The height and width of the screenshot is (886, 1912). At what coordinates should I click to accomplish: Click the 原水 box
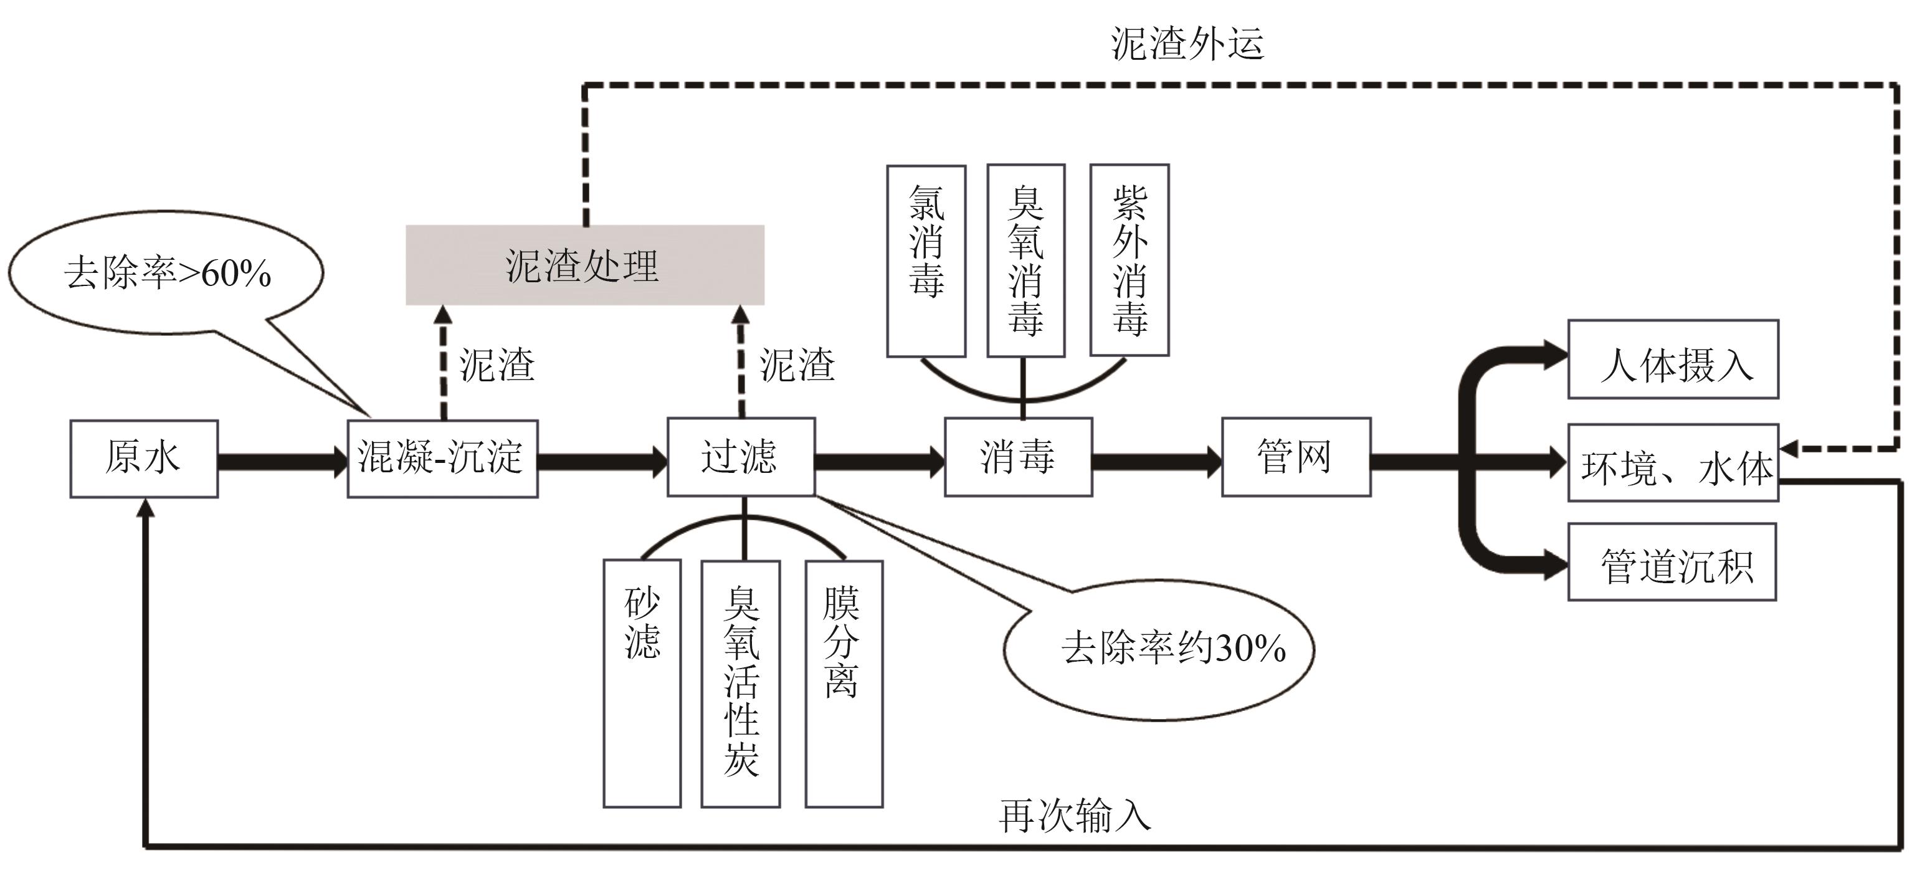(144, 458)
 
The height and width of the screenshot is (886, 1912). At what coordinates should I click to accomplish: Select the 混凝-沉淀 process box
(442, 458)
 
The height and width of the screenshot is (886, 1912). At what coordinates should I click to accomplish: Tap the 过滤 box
(741, 456)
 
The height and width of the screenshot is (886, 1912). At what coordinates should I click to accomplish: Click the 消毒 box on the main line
(1017, 456)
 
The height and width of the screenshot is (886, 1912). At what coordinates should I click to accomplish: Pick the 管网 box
(1296, 456)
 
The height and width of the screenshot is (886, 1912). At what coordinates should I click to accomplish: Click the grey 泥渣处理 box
(585, 265)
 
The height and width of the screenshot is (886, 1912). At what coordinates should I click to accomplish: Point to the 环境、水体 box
(1673, 463)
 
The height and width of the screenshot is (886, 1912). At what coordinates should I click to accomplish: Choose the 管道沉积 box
(1672, 562)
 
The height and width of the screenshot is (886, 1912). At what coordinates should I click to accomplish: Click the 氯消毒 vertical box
(926, 260)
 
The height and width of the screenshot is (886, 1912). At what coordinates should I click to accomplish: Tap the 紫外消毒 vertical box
(1129, 260)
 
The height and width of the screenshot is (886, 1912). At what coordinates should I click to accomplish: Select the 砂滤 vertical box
(642, 683)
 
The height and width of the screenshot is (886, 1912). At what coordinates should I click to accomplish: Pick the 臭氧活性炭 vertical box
(741, 683)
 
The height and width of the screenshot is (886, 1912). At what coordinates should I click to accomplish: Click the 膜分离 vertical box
(844, 683)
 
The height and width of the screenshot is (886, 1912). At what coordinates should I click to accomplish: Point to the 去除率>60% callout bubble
(167, 272)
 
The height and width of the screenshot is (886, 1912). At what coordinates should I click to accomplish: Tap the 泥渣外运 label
(1187, 44)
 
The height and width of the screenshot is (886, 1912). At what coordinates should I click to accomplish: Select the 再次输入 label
(1075, 816)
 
